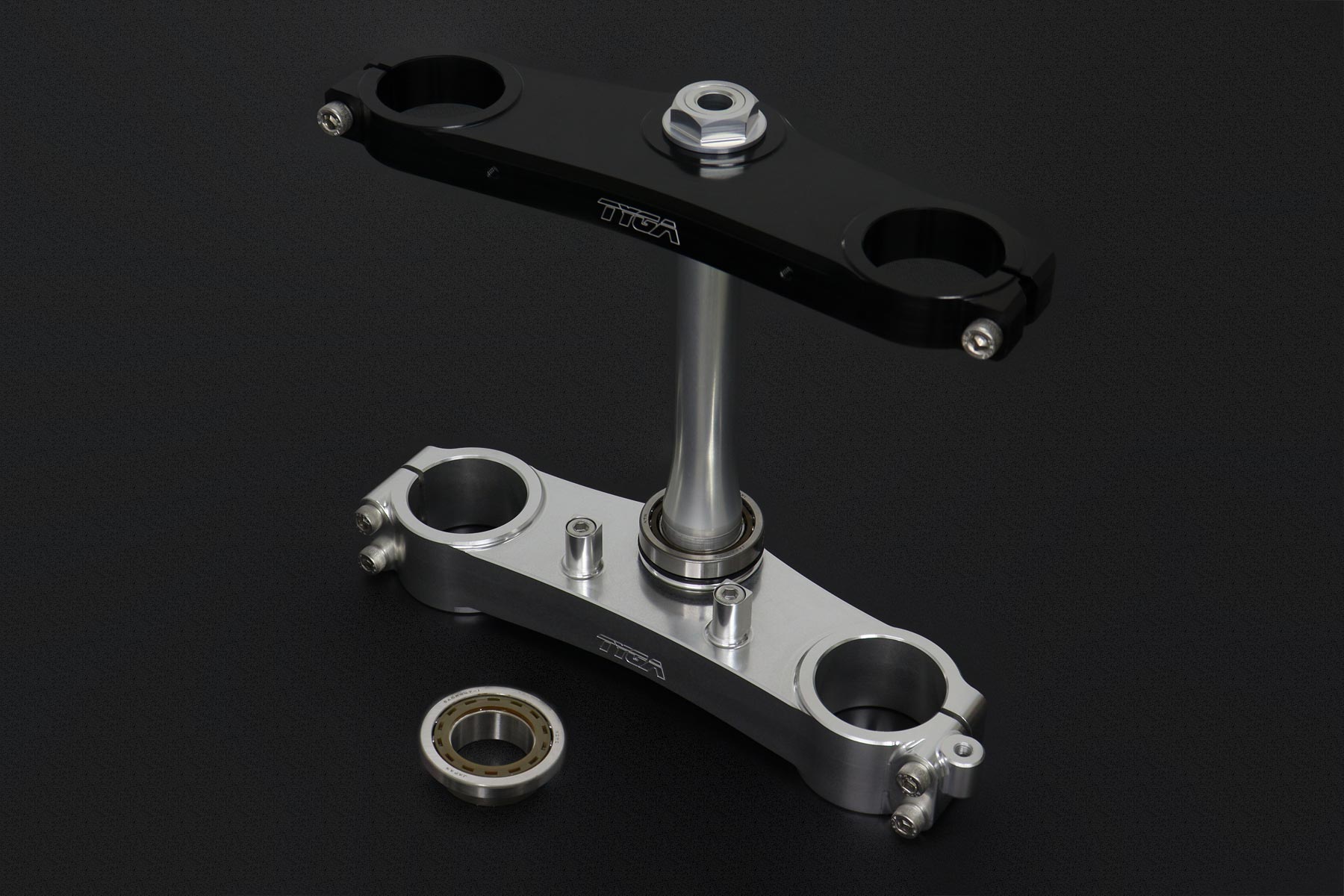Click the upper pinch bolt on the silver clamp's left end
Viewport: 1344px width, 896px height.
[367, 514]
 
